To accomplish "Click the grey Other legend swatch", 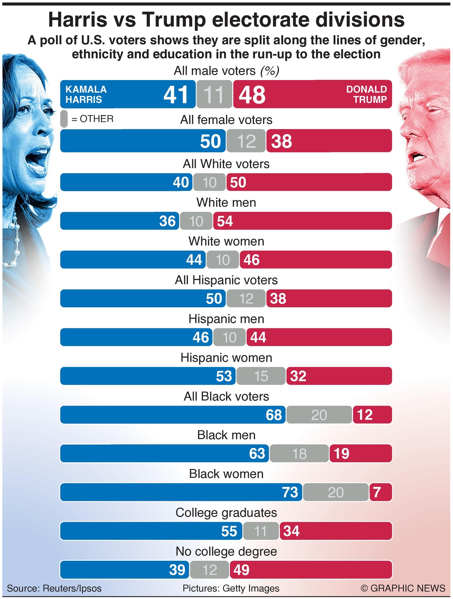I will coord(64,119).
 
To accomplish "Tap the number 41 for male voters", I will coord(176,95).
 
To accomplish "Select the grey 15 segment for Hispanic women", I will coord(261,376).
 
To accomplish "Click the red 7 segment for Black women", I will coord(380,492).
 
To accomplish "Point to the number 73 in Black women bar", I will coord(290,492).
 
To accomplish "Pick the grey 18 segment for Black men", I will coord(299,454).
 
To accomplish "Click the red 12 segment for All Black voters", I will coord(372,415).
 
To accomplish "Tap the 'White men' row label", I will coord(226,203).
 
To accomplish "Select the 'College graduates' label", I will coord(226,513).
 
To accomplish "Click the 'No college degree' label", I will coord(226,552).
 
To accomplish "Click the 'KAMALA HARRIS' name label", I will coord(86,94).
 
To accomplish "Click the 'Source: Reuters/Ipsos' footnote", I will coord(54,588).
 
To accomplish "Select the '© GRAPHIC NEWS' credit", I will coord(403,588).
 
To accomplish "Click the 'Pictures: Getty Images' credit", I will coord(231,588).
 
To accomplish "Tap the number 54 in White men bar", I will coord(225,221).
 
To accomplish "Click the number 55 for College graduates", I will coord(229,531).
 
